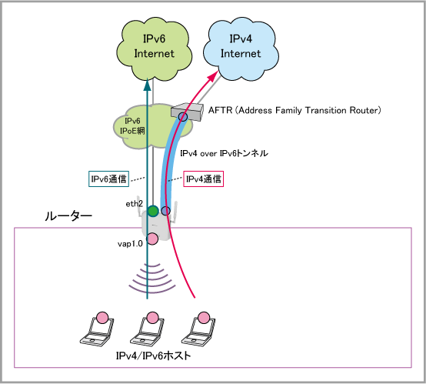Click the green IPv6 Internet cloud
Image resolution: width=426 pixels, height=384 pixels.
[154, 49]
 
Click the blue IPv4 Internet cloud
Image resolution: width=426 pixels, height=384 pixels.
[241, 49]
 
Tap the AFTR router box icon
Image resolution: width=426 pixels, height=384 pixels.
[188, 112]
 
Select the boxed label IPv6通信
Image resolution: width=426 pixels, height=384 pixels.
[108, 179]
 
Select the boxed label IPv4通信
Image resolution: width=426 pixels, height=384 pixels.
[204, 179]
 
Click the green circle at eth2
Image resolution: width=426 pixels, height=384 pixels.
[153, 211]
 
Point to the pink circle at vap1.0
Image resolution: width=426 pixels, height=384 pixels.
[152, 239]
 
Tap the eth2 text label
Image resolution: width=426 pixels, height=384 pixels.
[135, 204]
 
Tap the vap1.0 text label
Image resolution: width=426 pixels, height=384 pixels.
[130, 244]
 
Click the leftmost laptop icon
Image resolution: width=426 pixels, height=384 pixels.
[97, 329]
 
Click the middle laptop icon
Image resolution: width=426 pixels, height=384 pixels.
[147, 329]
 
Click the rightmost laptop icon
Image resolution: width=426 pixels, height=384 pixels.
[198, 329]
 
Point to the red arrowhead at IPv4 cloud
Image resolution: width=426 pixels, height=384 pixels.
[213, 76]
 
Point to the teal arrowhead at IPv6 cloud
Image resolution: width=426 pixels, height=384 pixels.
[147, 85]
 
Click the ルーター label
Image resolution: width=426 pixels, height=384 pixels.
[68, 216]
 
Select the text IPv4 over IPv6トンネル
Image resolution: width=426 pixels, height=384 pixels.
[224, 153]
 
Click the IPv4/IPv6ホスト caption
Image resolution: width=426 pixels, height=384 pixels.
[154, 356]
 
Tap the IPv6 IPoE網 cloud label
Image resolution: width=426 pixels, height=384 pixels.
[132, 126]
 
